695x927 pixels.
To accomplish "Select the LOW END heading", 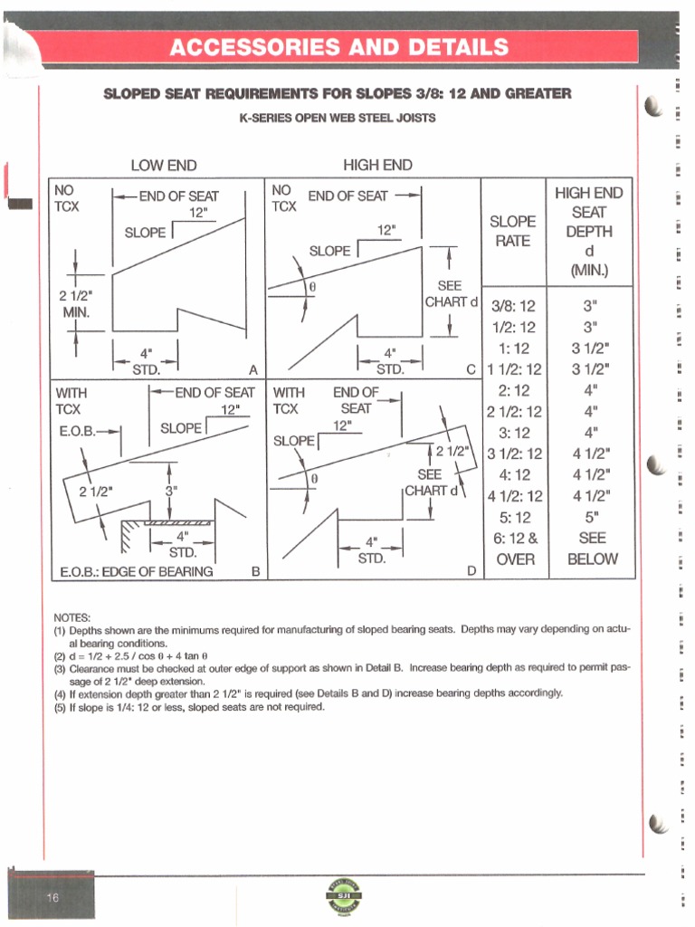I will [x=164, y=165].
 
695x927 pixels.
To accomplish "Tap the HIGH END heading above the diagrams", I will [x=377, y=164].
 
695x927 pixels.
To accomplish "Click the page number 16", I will [x=52, y=896].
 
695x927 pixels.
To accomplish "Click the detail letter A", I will [x=253, y=368].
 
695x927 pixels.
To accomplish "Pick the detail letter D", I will [x=471, y=570].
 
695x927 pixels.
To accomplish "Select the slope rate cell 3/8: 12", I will [x=513, y=306].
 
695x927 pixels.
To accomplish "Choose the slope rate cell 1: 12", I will [x=513, y=348].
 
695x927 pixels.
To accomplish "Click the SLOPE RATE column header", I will [x=512, y=231].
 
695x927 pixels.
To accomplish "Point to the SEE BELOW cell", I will [x=593, y=548].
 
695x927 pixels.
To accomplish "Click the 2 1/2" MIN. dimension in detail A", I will [x=76, y=304].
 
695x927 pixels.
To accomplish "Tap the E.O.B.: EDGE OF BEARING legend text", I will [x=136, y=571].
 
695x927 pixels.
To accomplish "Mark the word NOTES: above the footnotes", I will [x=71, y=616].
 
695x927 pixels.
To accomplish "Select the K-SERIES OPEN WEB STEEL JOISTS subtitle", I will [x=338, y=118].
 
